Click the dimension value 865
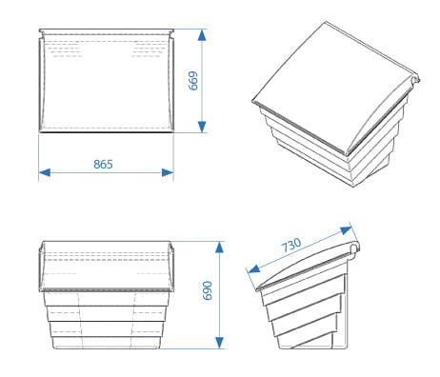pos(103,164)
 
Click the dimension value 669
pos(193,81)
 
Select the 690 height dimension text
pos(207,290)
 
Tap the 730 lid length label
pos(291,245)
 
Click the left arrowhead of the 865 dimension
pos(45,172)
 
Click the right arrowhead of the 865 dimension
pos(168,172)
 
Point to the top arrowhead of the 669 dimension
pos(202,35)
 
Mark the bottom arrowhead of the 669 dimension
pos(202,127)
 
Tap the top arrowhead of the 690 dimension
pos(219,248)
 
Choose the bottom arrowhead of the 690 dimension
pos(219,343)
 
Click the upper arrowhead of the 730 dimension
pos(346,229)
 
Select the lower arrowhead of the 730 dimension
pos(254,269)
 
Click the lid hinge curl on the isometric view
pos(415,79)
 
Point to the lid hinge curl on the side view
pos(354,248)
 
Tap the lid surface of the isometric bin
pos(330,83)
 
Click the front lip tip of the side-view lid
pos(257,288)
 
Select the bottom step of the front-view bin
pos(106,343)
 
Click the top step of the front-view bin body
pos(106,299)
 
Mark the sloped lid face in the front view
pos(106,265)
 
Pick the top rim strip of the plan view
pos(107,31)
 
